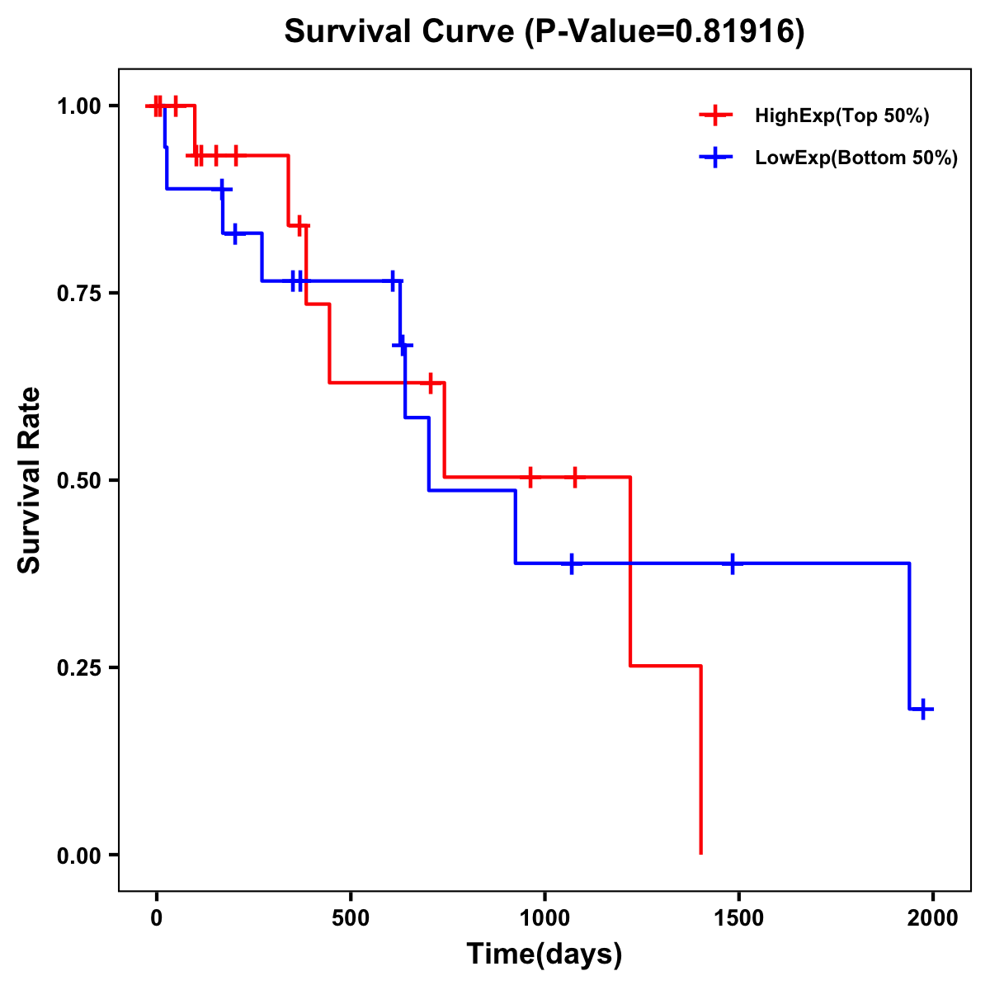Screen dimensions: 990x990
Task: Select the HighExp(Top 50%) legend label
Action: click(841, 116)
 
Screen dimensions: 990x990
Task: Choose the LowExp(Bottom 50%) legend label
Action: click(856, 158)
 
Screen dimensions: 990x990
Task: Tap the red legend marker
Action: click(715, 116)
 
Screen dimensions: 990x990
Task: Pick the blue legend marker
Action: click(715, 158)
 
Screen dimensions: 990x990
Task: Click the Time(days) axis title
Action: click(544, 955)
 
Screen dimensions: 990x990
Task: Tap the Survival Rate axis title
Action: click(31, 480)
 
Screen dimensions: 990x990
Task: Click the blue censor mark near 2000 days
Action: click(924, 709)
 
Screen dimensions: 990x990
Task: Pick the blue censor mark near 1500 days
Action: click(732, 563)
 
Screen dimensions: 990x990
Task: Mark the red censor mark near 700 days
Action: click(430, 383)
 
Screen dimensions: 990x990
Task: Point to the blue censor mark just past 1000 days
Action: click(572, 563)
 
